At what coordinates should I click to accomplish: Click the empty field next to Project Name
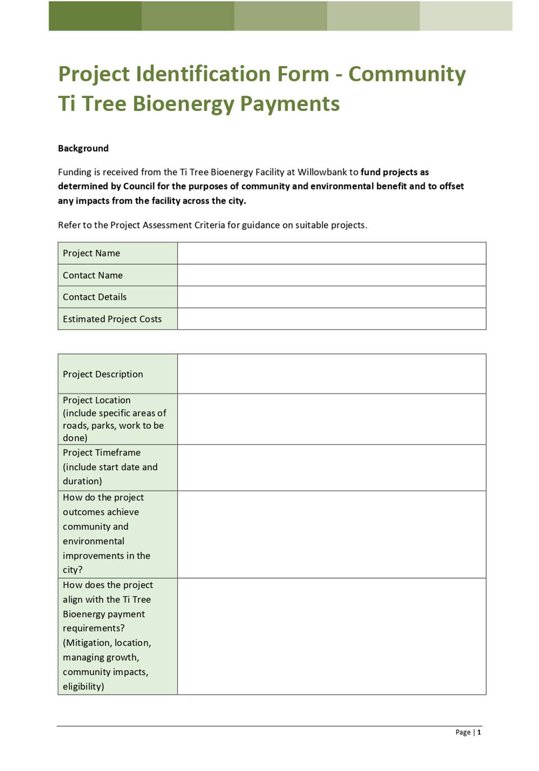pos(331,253)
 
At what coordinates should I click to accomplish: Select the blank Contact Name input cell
pos(331,275)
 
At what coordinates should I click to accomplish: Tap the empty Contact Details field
pos(331,297)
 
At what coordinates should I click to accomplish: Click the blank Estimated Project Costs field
pos(331,319)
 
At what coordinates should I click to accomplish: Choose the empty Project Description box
pos(331,374)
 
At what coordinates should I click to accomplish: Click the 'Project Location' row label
pos(97,400)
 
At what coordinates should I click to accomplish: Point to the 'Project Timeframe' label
pos(102,452)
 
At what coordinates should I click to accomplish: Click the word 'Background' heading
pos(83,148)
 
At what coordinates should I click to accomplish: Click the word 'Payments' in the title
pos(289,103)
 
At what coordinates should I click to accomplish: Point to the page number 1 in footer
pos(479,732)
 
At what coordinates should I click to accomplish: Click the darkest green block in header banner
pos(95,15)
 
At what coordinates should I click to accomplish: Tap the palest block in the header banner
pos(466,15)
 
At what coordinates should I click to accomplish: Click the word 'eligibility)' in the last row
pos(83,686)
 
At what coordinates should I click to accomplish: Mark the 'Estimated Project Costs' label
pos(112,319)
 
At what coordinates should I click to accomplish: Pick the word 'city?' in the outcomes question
pos(72,570)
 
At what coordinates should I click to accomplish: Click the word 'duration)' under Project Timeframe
pos(82,481)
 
